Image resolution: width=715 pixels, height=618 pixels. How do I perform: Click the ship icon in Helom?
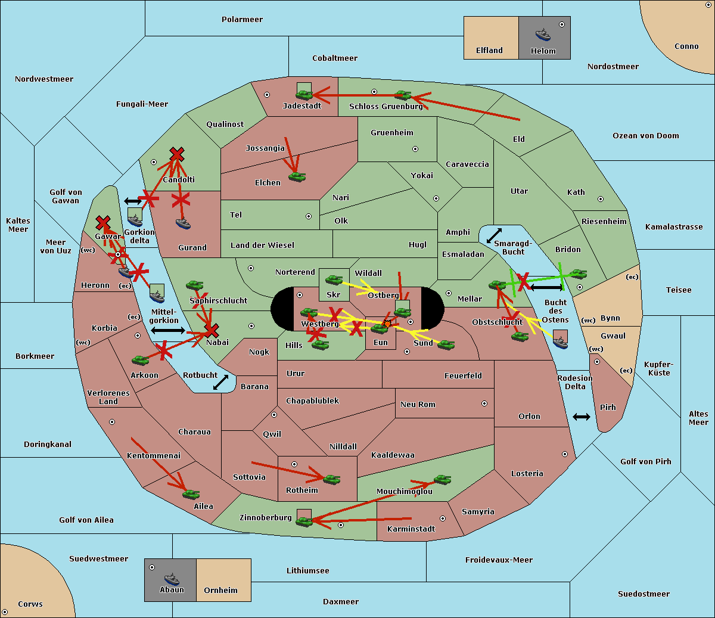click(543, 35)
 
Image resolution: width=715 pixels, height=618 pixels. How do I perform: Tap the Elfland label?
click(489, 51)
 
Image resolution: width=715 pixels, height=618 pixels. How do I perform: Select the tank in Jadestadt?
click(304, 94)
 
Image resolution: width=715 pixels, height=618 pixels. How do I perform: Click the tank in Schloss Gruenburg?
click(403, 95)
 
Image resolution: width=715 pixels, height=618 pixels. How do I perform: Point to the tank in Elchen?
click(297, 176)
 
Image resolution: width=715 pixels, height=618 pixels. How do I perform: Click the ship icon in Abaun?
click(172, 579)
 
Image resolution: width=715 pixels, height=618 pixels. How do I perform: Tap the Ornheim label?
click(220, 591)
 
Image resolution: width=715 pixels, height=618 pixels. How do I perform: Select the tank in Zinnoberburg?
click(304, 521)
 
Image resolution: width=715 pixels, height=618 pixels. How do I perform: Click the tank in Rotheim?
click(332, 479)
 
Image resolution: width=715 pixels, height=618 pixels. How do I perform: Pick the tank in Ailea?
click(191, 494)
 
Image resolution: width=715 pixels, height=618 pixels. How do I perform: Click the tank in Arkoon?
click(140, 360)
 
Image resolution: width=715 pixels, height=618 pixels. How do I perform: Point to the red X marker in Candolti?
click(176, 154)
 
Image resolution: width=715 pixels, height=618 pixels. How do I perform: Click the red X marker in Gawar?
click(103, 223)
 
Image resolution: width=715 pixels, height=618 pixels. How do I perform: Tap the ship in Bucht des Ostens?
click(560, 341)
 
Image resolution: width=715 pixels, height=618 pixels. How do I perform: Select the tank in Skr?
click(334, 279)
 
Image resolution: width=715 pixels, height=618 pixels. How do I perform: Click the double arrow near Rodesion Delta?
click(582, 417)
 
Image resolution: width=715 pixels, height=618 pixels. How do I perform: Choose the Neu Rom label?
click(418, 405)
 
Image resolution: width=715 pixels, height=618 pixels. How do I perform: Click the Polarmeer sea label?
click(242, 20)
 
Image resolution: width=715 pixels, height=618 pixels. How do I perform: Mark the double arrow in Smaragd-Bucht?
click(494, 235)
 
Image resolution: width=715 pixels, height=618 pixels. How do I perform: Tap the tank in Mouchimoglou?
click(442, 479)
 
